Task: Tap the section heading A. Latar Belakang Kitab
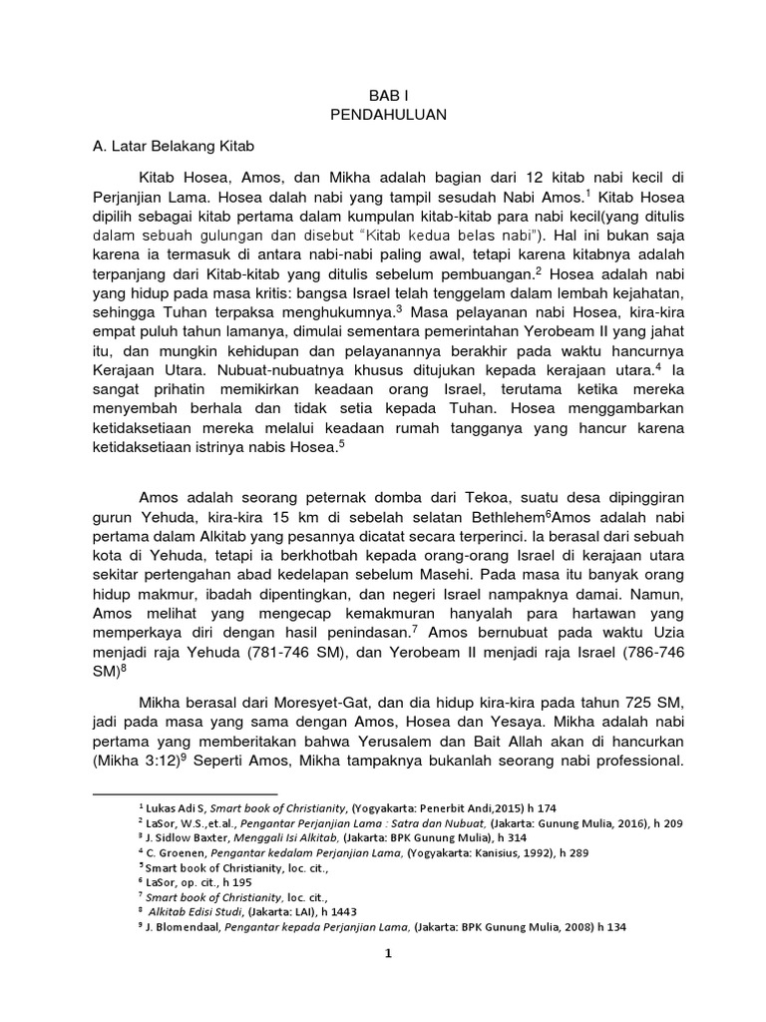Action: [168, 146]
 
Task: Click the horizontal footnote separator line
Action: [184, 794]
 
